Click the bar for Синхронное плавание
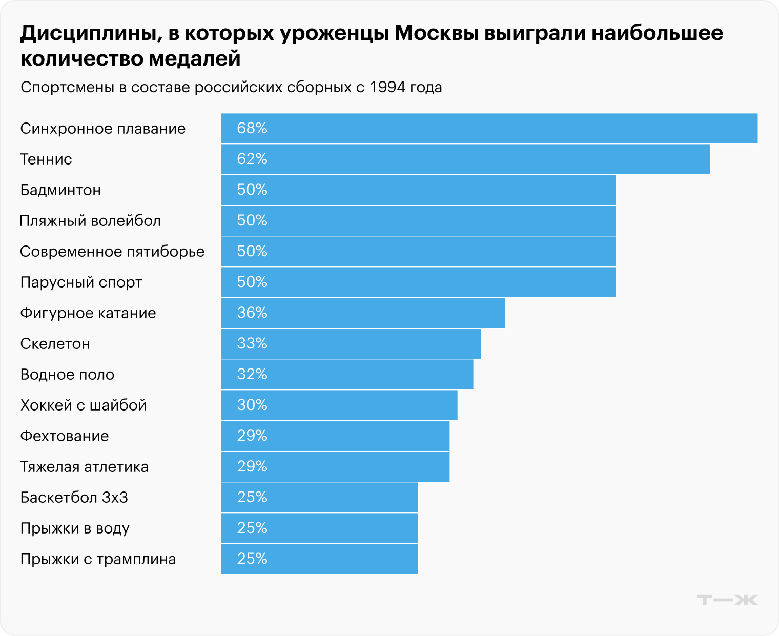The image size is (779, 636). [489, 128]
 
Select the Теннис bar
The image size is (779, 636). [465, 159]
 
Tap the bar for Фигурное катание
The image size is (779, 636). [363, 313]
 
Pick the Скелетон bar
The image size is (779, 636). [351, 343]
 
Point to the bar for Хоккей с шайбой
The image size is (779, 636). [339, 405]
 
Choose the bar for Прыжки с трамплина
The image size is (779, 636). [319, 559]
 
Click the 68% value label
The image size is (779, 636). [252, 128]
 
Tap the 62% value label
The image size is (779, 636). [252, 159]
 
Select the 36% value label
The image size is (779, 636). [252, 313]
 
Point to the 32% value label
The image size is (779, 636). [252, 374]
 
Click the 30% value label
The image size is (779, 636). [252, 405]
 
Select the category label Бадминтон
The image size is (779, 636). [60, 190]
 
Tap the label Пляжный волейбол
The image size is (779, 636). [90, 221]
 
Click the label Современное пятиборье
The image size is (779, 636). [112, 252]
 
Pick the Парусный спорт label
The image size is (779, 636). [81, 282]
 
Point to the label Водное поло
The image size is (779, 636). [67, 375]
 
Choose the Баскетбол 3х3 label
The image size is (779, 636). [74, 498]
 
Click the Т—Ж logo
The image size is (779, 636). [727, 600]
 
